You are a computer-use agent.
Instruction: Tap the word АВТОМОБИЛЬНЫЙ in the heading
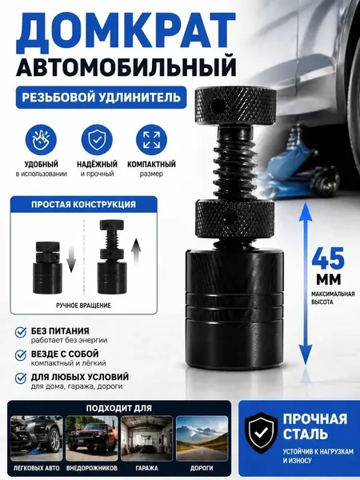click(126, 66)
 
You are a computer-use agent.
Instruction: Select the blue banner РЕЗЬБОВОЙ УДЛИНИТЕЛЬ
click(102, 98)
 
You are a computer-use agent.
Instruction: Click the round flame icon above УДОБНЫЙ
click(41, 140)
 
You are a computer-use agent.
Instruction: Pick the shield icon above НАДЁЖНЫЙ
click(97, 140)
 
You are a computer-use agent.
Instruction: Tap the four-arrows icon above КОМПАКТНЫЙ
click(151, 140)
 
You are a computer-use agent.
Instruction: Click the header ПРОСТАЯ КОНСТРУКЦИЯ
click(83, 204)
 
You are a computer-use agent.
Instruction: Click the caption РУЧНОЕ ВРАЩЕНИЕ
click(83, 306)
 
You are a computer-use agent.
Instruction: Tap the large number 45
click(328, 258)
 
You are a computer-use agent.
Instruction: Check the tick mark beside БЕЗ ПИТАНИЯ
click(21, 332)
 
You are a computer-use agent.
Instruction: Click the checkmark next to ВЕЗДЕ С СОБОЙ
click(21, 355)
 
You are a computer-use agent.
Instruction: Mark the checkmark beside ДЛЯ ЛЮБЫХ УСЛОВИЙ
click(21, 378)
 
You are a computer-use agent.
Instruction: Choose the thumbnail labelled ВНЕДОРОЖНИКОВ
click(92, 438)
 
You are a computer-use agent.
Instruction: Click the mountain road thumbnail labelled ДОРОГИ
click(202, 438)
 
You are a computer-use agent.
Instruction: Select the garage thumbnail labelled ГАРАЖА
click(147, 438)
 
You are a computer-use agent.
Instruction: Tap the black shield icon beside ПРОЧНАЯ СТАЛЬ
click(261, 433)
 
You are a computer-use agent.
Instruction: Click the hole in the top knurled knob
click(218, 106)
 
